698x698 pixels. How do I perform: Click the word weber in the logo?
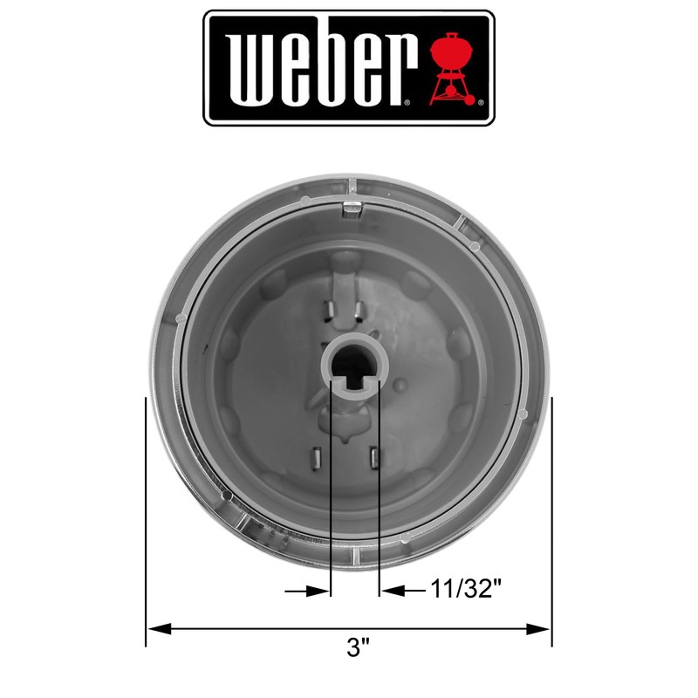pyautogui.click(x=318, y=68)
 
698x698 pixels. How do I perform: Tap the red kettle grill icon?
pyautogui.click(x=455, y=68)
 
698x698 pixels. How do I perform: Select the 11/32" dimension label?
pyautogui.click(x=467, y=591)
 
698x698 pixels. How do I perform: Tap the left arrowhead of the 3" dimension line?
pyautogui.click(x=155, y=628)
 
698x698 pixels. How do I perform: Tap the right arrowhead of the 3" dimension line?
pyautogui.click(x=542, y=628)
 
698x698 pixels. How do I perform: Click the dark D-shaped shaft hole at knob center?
pyautogui.click(x=356, y=366)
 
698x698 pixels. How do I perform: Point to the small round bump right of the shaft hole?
pyautogui.click(x=400, y=384)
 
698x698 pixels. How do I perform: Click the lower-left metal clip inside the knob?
pyautogui.click(x=318, y=458)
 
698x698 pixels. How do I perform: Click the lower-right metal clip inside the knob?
pyautogui.click(x=374, y=456)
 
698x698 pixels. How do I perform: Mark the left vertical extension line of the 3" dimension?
pyautogui.click(x=146, y=523)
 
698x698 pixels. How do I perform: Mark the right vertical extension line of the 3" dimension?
pyautogui.click(x=551, y=523)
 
